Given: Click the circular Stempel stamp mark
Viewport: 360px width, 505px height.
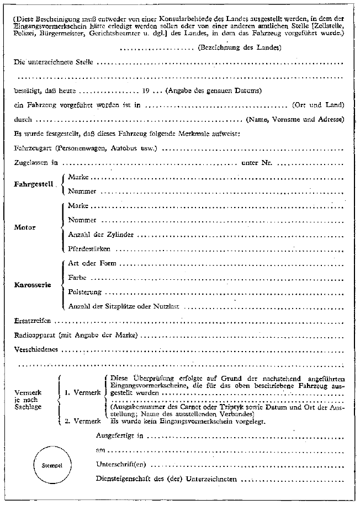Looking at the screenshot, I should (49, 465).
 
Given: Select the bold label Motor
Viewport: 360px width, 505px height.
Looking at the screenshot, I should (24, 227).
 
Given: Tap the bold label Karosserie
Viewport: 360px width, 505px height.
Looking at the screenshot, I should (33, 284).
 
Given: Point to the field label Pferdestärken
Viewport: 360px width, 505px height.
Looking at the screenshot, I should (87, 249).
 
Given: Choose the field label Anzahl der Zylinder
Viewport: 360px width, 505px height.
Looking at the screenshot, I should (92, 235).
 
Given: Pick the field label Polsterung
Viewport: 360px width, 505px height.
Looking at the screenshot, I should (84, 291).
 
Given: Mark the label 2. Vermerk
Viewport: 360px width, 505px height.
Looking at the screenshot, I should (83, 422).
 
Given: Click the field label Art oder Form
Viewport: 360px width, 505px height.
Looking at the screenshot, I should (90, 263).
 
